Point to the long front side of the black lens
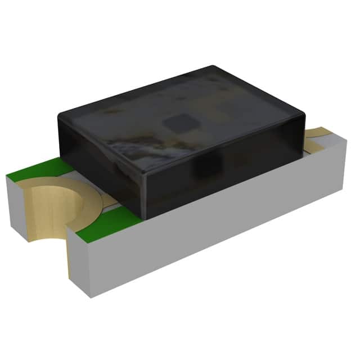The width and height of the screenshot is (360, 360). tap(225, 169)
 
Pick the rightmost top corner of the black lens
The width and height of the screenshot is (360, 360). tap(307, 112)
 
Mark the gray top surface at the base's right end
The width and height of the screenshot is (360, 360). tap(332, 143)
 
